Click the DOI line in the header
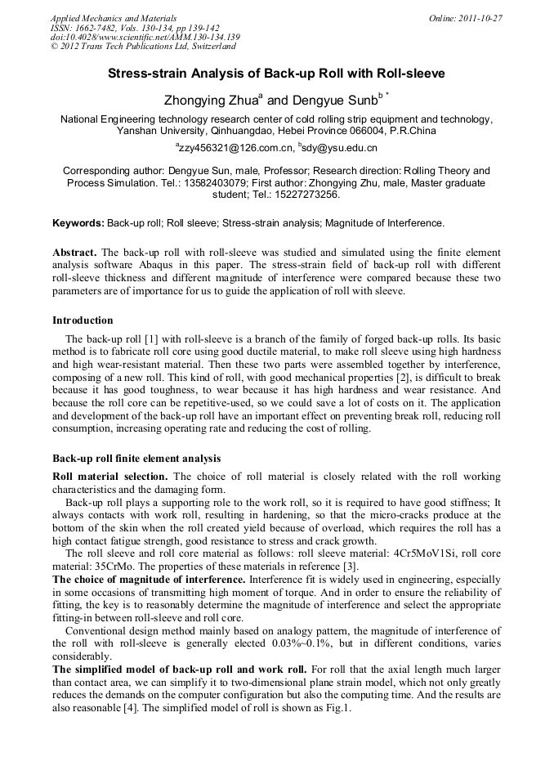tap(145, 37)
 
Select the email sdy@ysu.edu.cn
tap(339, 148)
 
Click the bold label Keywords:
tap(78, 222)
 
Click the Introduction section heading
tap(83, 320)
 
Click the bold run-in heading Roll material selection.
tap(110, 476)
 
